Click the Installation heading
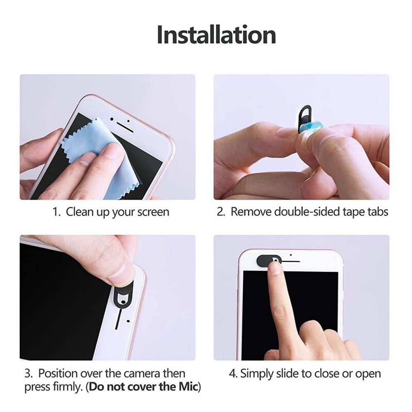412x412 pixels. tap(216, 35)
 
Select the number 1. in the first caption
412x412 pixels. tap(57, 212)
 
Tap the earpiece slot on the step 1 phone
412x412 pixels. tap(123, 124)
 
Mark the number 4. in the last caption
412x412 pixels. tap(233, 374)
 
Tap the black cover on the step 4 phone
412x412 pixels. tap(265, 260)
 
